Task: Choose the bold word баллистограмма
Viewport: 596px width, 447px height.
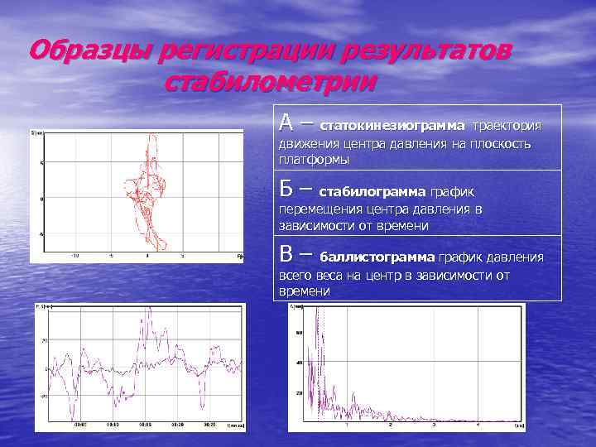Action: tap(377, 257)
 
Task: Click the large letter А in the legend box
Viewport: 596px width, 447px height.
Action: tap(286, 123)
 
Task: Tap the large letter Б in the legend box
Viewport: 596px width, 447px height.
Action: tap(286, 188)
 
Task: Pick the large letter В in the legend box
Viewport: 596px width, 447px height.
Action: tap(286, 254)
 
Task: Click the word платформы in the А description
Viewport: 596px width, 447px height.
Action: tap(314, 159)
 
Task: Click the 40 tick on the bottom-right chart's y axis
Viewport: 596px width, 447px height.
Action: tap(299, 363)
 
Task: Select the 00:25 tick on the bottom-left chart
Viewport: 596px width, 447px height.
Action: tap(210, 424)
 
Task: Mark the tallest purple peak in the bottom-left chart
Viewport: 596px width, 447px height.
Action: tap(149, 311)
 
